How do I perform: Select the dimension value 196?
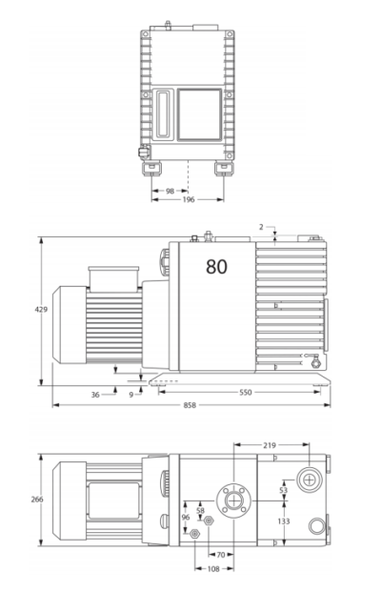(x=189, y=200)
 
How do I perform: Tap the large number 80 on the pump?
(x=216, y=267)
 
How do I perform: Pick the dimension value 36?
(x=95, y=393)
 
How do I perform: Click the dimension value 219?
(x=270, y=444)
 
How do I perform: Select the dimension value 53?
(x=283, y=490)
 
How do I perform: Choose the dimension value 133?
(x=283, y=521)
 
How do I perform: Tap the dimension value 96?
(x=186, y=518)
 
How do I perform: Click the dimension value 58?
(x=200, y=511)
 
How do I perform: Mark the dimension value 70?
(x=220, y=554)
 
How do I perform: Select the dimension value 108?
(x=214, y=568)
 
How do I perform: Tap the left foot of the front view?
(x=153, y=169)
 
